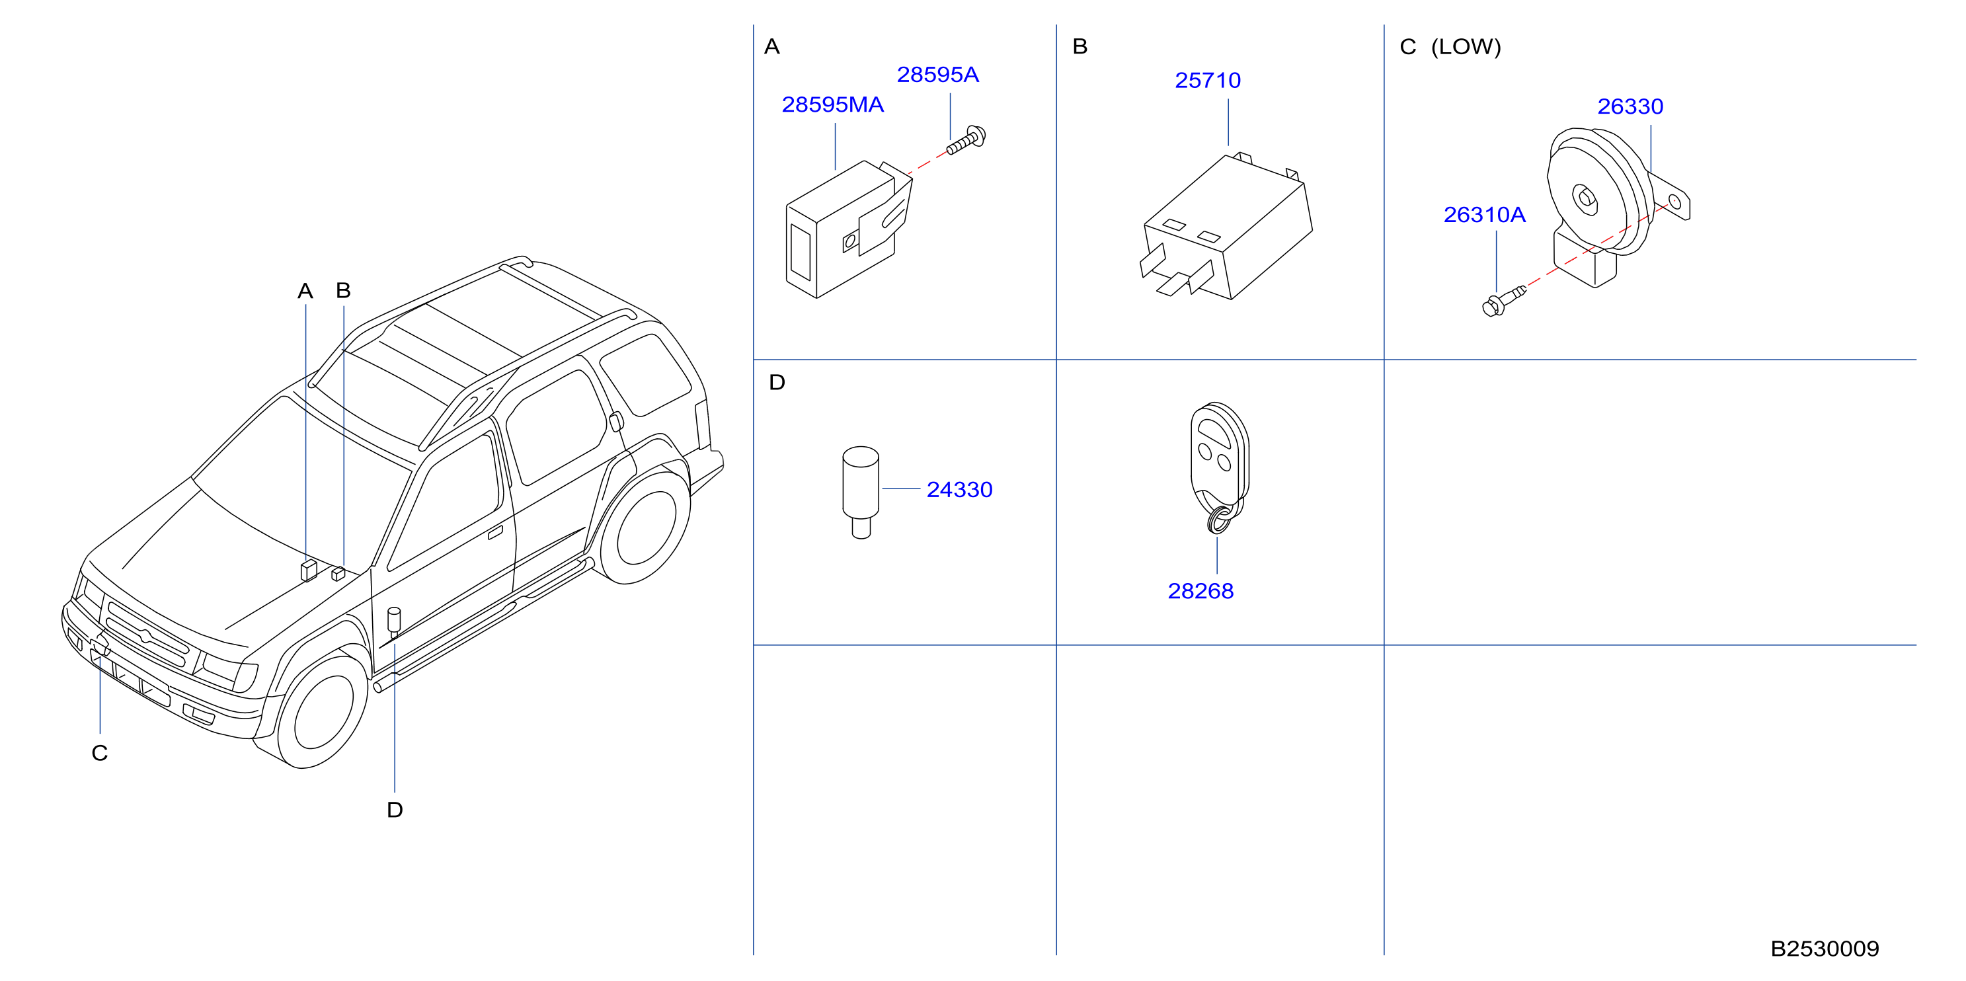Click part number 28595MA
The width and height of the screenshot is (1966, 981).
[x=833, y=104]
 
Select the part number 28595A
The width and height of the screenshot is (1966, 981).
[x=937, y=75]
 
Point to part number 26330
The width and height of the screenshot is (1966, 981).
[x=1630, y=106]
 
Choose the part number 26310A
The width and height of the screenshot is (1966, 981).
[x=1485, y=215]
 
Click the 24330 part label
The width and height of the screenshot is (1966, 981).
[x=959, y=489]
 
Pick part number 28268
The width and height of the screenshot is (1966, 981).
[x=1200, y=591]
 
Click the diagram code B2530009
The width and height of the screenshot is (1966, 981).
[x=1825, y=948]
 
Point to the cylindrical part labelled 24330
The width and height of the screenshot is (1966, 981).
[x=861, y=492]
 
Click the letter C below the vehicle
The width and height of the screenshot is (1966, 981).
[x=99, y=754]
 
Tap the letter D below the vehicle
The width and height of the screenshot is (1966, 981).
[x=395, y=810]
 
